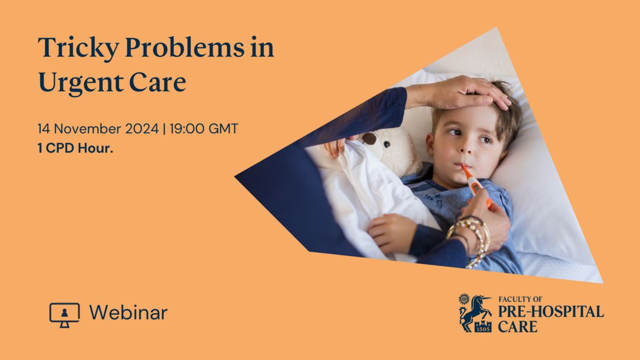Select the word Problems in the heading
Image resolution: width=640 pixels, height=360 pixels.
(x=185, y=47)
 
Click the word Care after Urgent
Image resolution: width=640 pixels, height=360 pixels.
(x=157, y=82)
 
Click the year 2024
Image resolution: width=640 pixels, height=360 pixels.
(x=142, y=129)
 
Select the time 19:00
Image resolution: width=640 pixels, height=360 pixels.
(x=187, y=129)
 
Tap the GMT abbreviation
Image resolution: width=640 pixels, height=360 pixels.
(x=223, y=129)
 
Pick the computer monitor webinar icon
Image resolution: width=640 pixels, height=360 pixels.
(x=65, y=315)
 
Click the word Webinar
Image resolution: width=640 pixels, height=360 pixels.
(x=129, y=313)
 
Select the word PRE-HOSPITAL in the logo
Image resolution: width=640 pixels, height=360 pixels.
(x=551, y=311)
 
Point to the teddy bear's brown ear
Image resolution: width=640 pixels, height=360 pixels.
(x=369, y=139)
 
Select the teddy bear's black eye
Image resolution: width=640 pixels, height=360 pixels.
(x=387, y=145)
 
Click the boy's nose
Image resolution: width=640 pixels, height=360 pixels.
(x=467, y=147)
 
